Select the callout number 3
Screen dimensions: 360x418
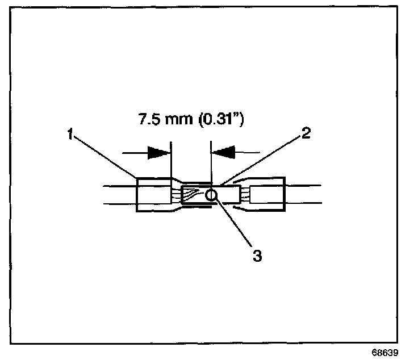pyautogui.click(x=257, y=256)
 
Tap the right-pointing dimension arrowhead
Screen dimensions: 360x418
pyautogui.click(x=159, y=152)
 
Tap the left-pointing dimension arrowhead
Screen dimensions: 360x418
pyautogui.click(x=223, y=152)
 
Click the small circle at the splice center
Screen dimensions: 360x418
pyautogui.click(x=211, y=196)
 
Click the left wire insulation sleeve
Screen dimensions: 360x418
pyautogui.click(x=153, y=195)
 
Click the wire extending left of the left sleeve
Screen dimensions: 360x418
pyautogui.click(x=119, y=195)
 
